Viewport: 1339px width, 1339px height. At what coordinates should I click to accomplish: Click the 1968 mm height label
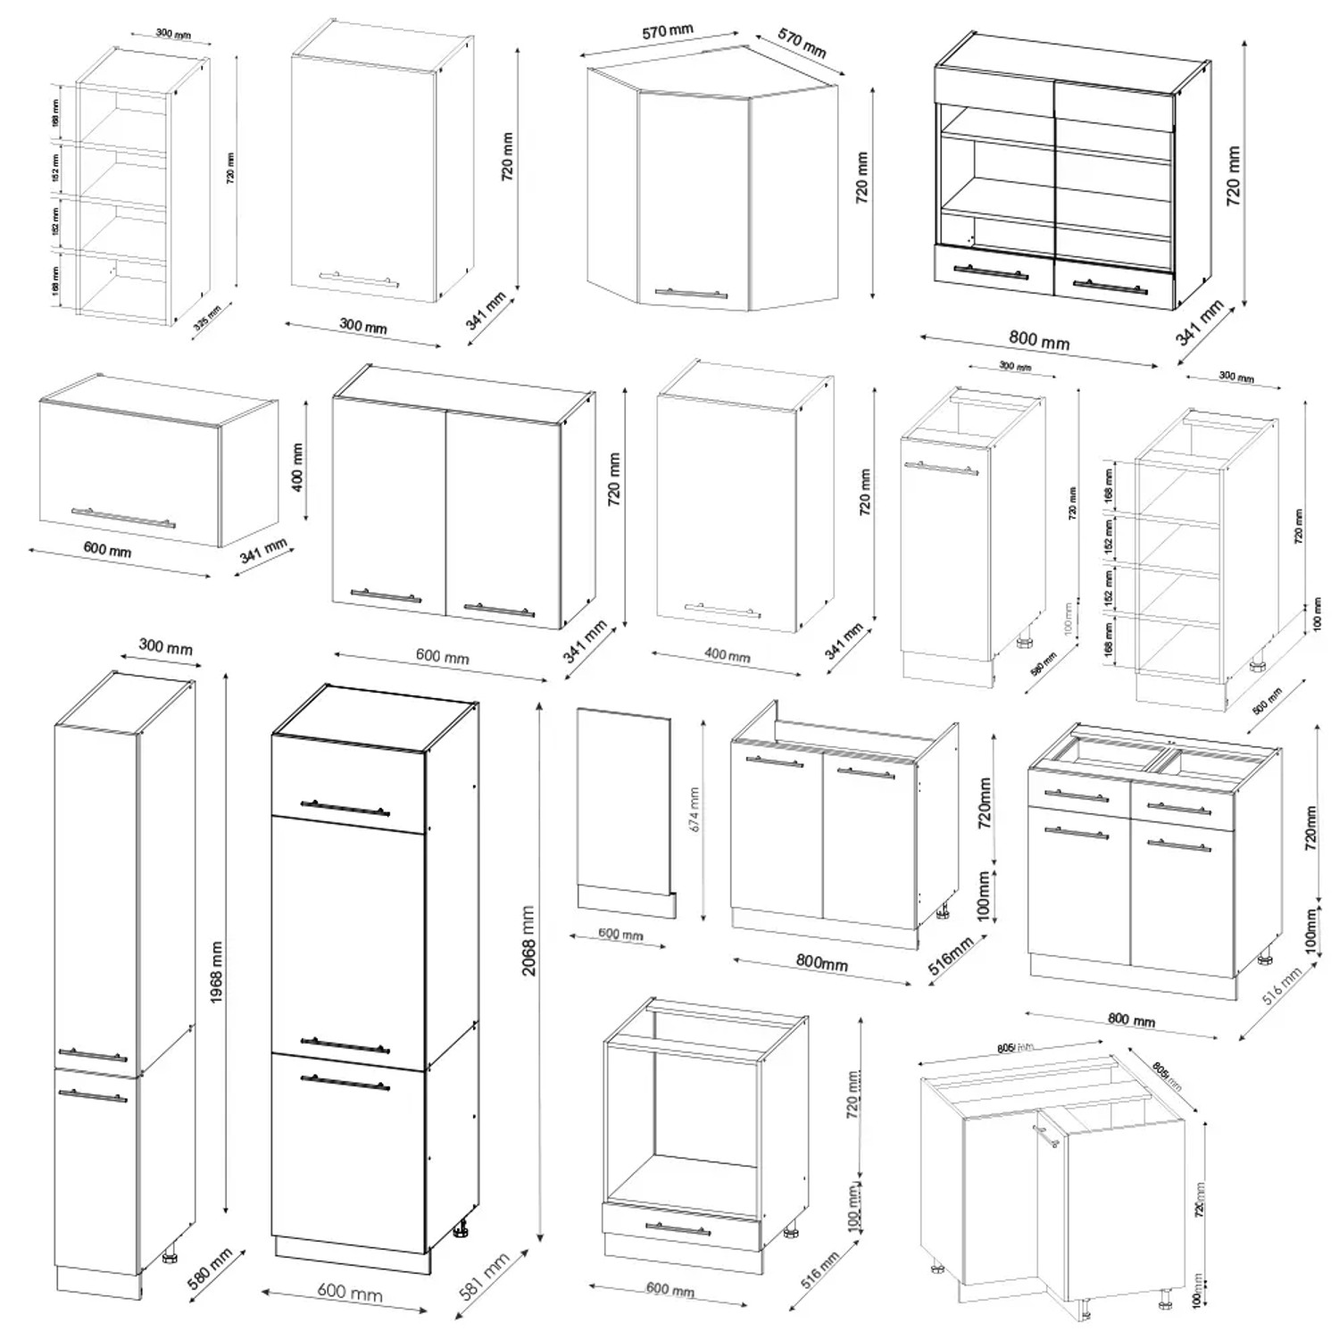click(x=216, y=971)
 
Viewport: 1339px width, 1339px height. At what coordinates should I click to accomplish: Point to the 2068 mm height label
click(x=528, y=940)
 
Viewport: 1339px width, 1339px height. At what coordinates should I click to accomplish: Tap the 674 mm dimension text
click(x=694, y=809)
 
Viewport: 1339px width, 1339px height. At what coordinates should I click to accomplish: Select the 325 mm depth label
click(x=207, y=318)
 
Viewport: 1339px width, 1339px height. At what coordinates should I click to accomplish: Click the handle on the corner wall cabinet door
click(x=691, y=293)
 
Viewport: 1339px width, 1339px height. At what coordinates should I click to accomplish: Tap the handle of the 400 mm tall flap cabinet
click(x=123, y=518)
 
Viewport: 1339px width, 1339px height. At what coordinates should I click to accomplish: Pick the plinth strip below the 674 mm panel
click(x=626, y=900)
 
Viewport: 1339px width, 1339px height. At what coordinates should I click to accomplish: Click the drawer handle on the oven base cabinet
click(x=678, y=1229)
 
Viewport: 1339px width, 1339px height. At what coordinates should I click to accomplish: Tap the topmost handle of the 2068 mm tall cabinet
click(x=345, y=808)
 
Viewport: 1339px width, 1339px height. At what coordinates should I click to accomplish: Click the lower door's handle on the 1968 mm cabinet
click(x=92, y=1094)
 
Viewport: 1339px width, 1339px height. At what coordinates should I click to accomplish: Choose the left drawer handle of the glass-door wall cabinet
click(x=990, y=273)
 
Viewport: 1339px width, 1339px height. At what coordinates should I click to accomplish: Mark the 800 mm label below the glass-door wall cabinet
click(x=1039, y=340)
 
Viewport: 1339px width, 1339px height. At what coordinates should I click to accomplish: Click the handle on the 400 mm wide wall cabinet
click(x=723, y=611)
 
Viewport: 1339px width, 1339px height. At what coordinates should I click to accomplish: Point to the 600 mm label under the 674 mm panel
click(x=620, y=934)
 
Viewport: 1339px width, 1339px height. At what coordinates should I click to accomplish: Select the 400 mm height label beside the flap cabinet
click(x=297, y=467)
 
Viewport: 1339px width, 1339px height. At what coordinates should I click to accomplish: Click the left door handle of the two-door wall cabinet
click(x=386, y=595)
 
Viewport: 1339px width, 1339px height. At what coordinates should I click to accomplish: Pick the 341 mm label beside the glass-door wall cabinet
click(x=1199, y=323)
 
